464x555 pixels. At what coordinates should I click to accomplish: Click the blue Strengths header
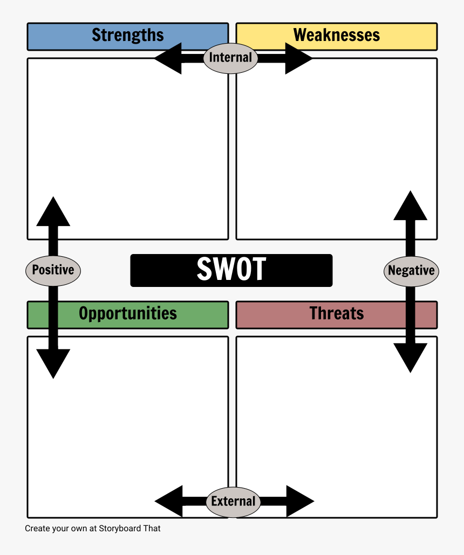[x=127, y=36]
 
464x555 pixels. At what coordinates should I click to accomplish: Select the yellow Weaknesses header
[x=337, y=36]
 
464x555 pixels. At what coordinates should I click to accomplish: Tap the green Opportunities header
[x=127, y=314]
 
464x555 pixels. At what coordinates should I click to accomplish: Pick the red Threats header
[x=337, y=314]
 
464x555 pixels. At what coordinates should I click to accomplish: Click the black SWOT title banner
[x=231, y=270]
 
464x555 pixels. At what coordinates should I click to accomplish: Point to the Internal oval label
[x=230, y=58]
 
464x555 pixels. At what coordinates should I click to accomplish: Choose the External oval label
[x=233, y=502]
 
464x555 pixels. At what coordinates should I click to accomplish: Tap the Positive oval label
[x=53, y=270]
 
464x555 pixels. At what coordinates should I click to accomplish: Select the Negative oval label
[x=411, y=271]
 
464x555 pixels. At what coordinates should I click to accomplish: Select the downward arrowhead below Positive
[x=53, y=362]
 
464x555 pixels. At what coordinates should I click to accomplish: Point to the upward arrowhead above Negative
[x=411, y=206]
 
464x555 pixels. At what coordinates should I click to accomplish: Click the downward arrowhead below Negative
[x=411, y=357]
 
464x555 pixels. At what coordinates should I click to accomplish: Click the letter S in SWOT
[x=206, y=269]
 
